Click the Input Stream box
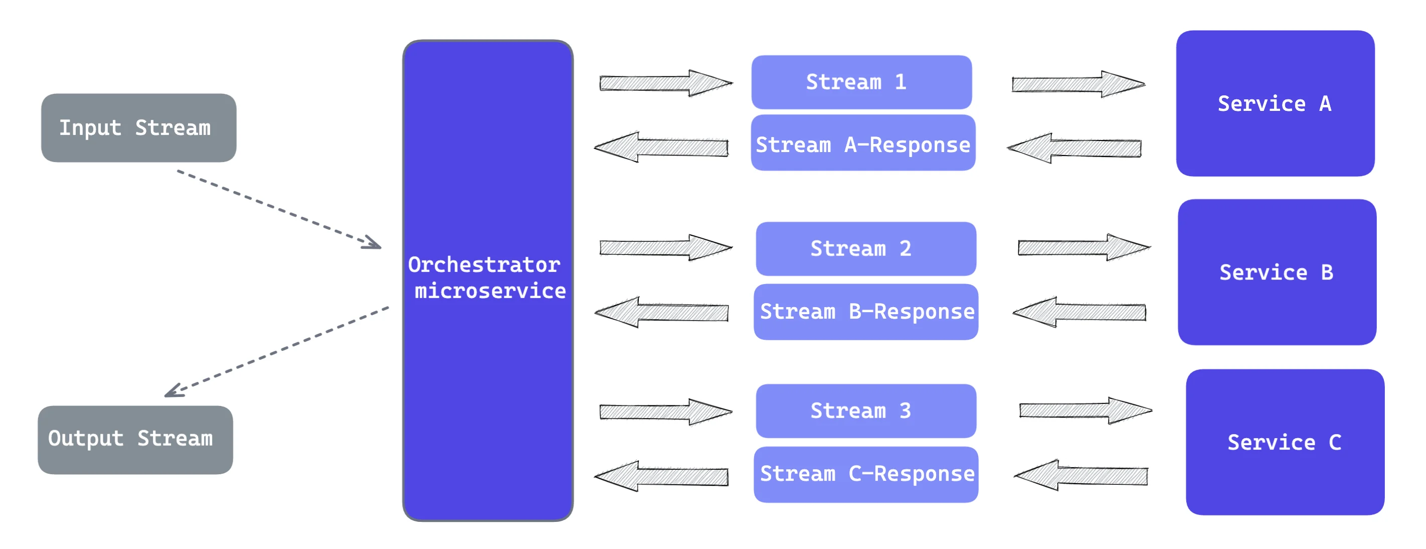[138, 127]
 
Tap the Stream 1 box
[861, 82]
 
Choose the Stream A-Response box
[863, 143]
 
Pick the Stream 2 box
[866, 249]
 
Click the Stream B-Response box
[866, 312]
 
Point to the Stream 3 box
[866, 411]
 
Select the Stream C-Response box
[866, 475]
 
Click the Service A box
[1276, 103]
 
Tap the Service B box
[1277, 272]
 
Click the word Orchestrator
[484, 265]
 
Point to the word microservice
[490, 291]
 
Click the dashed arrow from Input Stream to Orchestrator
[279, 209]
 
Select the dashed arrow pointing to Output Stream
[277, 352]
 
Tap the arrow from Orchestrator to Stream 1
[666, 84]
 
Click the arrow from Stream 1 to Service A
[1079, 84]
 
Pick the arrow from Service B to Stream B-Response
[1080, 312]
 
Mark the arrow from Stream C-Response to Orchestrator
[661, 476]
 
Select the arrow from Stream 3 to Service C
[1086, 410]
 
